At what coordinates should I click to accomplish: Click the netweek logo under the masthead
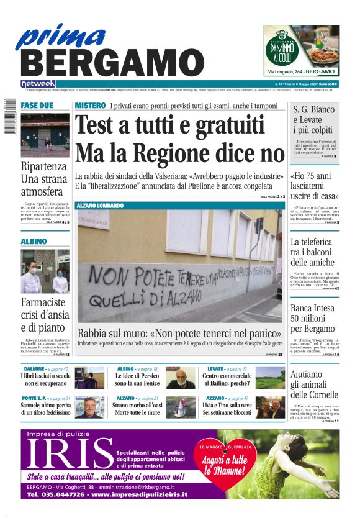(38, 83)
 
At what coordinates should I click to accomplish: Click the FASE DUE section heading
(37, 106)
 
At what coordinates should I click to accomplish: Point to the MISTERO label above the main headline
(90, 106)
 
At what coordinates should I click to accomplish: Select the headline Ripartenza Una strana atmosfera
(43, 179)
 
